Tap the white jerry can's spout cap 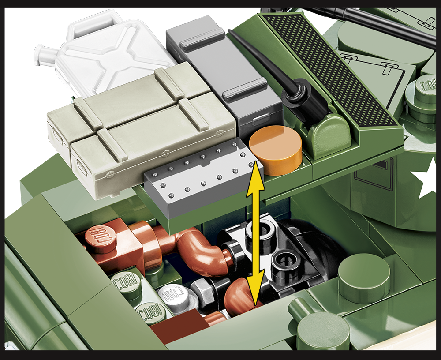(x=40, y=53)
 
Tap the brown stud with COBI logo (x=101, y=238)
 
